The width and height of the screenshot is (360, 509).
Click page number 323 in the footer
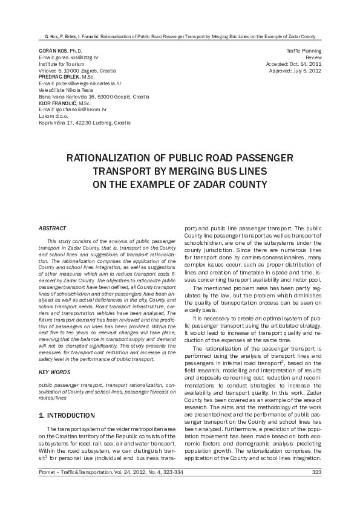(x=316, y=489)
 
